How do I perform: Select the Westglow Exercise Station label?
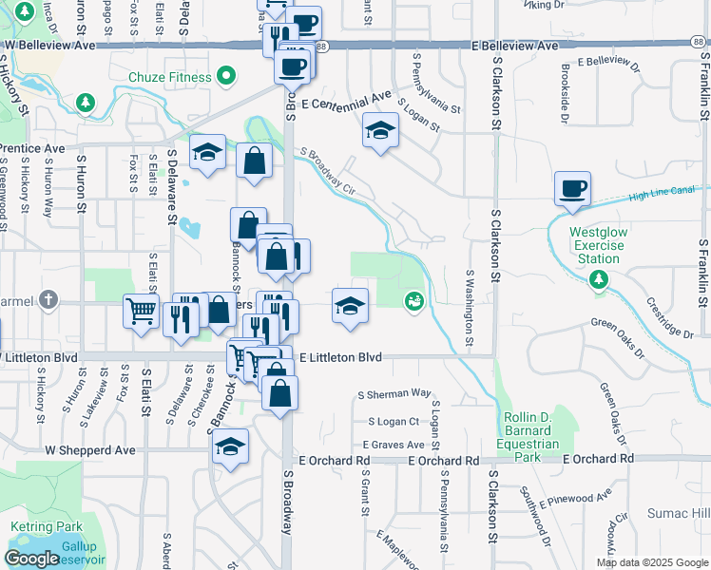[597, 245]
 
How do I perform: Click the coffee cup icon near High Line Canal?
[573, 189]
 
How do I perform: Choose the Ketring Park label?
[47, 527]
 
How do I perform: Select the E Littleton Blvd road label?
[339, 357]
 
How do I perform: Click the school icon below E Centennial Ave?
[380, 131]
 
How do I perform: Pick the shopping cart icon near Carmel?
[141, 310]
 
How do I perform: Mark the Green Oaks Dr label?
[617, 323]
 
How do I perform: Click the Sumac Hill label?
[679, 513]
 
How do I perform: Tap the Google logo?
[31, 559]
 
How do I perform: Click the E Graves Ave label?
[393, 444]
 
